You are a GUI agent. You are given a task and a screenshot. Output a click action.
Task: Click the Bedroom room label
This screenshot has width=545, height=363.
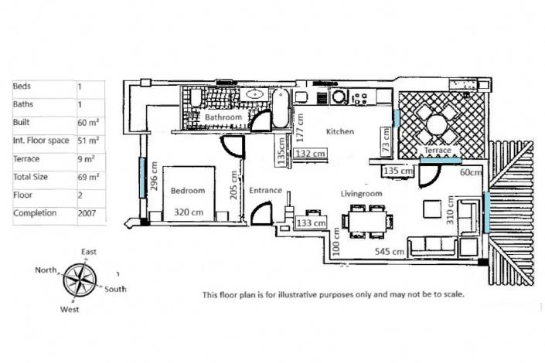pos(188,190)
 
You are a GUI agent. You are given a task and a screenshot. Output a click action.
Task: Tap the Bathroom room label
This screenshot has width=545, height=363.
pos(223,117)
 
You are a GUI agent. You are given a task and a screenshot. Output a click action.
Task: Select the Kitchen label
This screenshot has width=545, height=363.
pos(339,132)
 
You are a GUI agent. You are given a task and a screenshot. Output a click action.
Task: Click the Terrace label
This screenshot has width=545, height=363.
pos(437,150)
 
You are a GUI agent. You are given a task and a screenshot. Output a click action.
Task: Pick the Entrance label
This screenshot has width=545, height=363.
pos(265,190)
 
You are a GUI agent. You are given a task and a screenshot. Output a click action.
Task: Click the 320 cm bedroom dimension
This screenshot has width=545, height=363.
pos(189,211)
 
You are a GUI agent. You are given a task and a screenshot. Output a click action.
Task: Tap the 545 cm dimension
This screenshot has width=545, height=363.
pos(390,252)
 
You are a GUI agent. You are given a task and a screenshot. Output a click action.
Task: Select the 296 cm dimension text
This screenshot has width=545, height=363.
pos(155,176)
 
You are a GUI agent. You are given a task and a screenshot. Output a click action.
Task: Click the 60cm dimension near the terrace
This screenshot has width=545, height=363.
pos(470,172)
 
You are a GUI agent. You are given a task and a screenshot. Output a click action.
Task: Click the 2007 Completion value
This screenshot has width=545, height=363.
pos(89,212)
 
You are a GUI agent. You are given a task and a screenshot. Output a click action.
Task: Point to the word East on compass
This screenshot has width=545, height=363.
pos(89,253)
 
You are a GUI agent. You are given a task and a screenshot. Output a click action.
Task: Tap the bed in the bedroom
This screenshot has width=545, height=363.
pos(193,193)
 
